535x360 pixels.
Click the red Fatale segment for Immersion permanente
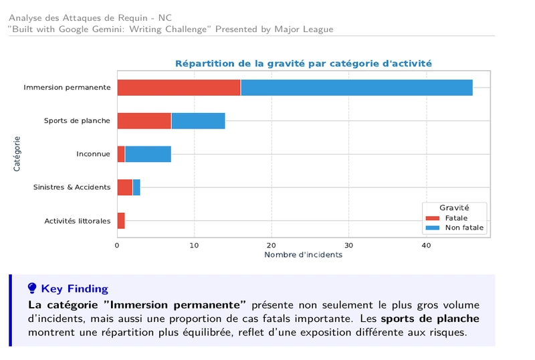179,88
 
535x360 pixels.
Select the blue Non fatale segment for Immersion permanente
356,88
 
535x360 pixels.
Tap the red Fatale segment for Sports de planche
144,121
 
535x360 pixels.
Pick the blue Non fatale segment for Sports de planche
198,121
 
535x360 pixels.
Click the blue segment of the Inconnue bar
148,154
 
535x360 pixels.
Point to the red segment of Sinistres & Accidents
124,187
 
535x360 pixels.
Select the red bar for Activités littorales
121,221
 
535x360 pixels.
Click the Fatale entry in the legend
456,218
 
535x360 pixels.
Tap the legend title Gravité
454,208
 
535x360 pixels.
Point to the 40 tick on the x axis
425,245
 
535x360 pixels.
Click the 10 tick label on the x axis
194,245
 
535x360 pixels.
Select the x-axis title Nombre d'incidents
303,255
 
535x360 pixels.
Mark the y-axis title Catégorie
17,154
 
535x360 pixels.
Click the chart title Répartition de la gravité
303,64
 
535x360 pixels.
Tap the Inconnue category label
93,155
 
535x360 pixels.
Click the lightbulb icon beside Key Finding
32,288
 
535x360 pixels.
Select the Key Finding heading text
74,289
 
